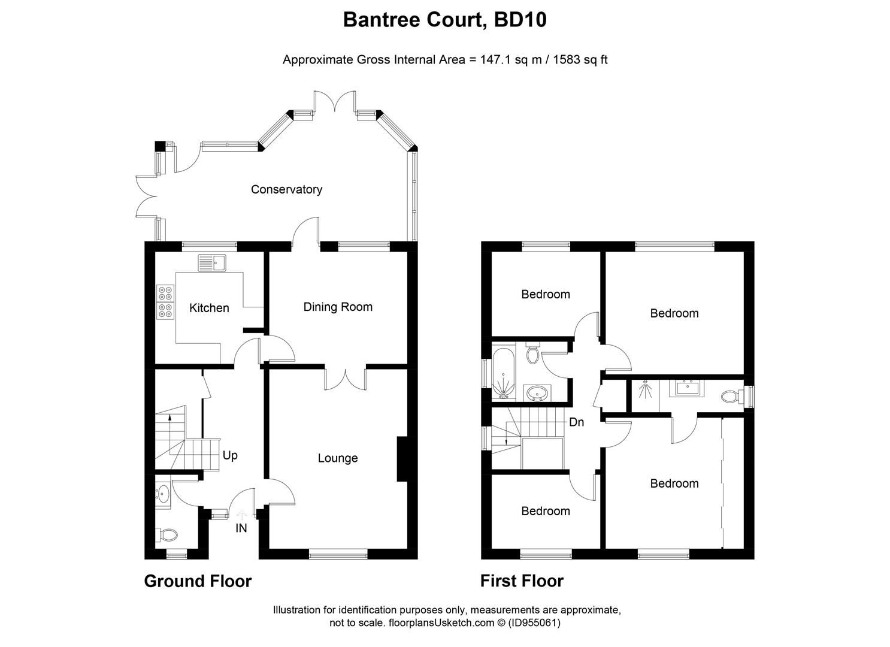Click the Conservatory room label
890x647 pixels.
286,189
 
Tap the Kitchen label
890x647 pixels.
209,308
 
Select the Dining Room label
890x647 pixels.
338,307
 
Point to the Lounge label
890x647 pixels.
338,458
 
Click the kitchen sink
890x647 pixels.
211,262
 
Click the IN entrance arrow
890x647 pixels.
241,515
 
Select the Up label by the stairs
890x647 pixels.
230,455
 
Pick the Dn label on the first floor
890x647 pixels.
576,422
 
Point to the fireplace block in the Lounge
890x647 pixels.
402,459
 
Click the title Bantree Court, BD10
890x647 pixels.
444,20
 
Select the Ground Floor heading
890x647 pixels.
198,581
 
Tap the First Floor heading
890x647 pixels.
522,581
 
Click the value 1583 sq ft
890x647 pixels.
576,59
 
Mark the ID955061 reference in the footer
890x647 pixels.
534,623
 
